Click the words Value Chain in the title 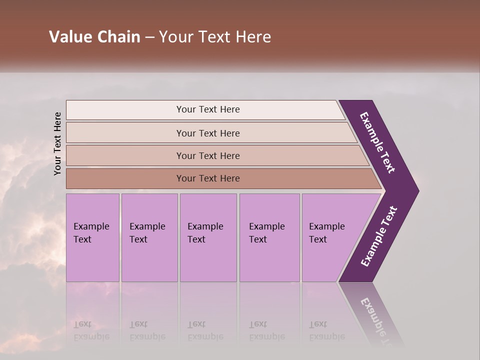click(x=94, y=37)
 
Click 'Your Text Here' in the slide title click(x=215, y=37)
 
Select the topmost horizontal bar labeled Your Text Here click(x=207, y=109)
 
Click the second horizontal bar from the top click(x=207, y=133)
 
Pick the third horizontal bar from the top click(x=207, y=155)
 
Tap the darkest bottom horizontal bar click(x=207, y=178)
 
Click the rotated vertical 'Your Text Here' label click(x=57, y=143)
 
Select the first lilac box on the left click(x=92, y=237)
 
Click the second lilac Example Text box click(x=149, y=237)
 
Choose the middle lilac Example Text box click(x=208, y=237)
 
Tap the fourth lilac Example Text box click(x=269, y=237)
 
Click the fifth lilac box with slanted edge click(x=330, y=237)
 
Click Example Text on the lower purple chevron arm click(x=379, y=236)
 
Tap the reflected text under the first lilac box click(x=91, y=330)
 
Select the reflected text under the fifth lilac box click(x=326, y=330)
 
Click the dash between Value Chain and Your click(x=149, y=37)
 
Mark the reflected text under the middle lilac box click(x=205, y=330)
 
